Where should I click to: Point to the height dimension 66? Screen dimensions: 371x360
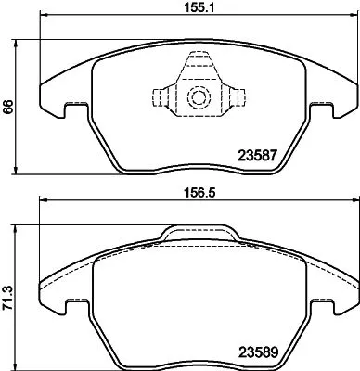tap(8, 108)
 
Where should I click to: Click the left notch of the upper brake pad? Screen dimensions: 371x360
tap(75, 110)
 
